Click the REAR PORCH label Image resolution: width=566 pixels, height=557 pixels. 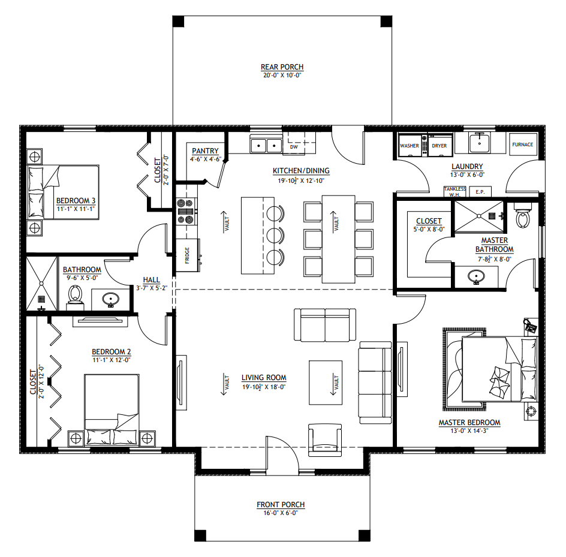282,67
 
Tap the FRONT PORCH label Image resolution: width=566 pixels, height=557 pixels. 281,504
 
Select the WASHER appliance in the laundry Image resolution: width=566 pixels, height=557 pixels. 410,145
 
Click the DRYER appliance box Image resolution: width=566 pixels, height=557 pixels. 439,145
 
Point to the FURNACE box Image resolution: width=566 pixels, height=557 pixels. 523,144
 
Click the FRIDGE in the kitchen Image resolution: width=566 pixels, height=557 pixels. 187,255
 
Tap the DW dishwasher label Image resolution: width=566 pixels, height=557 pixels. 294,147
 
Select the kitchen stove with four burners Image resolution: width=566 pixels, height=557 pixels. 186,212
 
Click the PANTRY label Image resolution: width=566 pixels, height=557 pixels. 205,151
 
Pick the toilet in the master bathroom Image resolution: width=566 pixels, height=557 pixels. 523,215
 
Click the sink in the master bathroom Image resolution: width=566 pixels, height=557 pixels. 475,277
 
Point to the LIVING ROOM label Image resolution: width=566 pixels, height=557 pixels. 264,378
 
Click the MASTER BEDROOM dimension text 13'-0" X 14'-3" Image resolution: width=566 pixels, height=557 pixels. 469,430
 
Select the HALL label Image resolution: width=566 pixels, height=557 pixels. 151,280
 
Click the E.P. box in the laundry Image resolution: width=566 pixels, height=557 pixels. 480,192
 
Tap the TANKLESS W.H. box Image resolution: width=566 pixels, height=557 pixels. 455,192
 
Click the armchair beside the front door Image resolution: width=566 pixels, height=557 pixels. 324,440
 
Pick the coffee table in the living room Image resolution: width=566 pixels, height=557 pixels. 325,383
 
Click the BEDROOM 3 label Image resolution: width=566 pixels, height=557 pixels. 76,201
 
